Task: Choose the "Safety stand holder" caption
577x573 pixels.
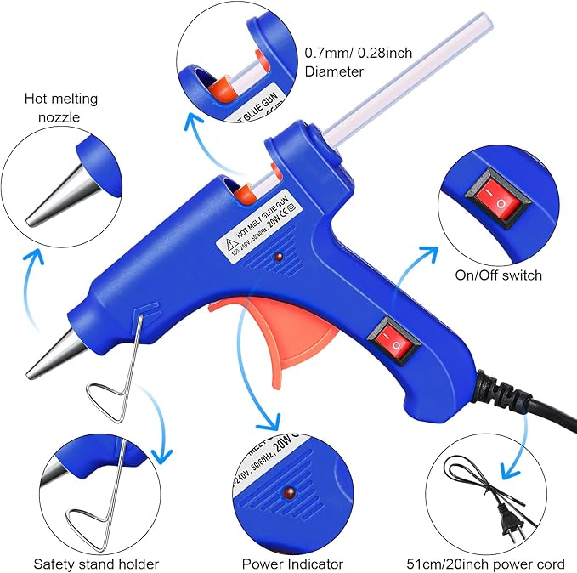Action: (96, 563)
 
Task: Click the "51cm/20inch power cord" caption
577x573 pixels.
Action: (485, 563)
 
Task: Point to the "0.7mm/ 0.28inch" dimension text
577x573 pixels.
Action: (359, 54)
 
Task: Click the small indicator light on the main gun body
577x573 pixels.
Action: (279, 256)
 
